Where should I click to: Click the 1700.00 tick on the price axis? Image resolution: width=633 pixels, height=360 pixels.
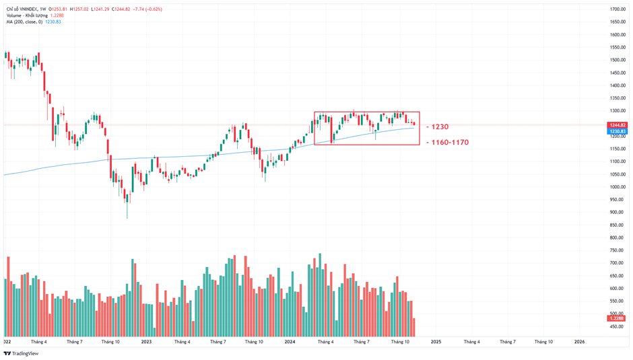(618, 9)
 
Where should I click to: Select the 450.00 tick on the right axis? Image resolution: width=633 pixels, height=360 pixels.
(618, 326)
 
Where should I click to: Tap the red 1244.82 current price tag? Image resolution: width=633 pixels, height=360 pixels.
(618, 125)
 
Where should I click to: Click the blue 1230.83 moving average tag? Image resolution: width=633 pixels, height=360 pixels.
(618, 131)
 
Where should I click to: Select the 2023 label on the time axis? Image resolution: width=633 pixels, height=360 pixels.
(146, 341)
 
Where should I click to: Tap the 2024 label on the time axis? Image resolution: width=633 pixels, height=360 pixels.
(290, 341)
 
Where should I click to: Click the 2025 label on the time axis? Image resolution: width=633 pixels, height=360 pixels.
(435, 341)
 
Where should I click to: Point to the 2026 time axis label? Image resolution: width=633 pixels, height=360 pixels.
(579, 341)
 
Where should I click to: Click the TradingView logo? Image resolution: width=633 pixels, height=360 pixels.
(22, 353)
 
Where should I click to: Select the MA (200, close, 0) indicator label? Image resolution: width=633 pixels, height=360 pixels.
(24, 22)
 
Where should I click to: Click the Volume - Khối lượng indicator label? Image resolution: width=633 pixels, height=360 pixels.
(27, 15)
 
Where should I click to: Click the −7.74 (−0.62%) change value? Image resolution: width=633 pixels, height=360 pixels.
(147, 9)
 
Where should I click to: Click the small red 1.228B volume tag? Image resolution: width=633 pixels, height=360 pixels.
(618, 318)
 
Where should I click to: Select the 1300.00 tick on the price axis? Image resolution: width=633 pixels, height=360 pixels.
(618, 110)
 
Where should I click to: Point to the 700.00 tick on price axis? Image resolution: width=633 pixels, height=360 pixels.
(618, 263)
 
